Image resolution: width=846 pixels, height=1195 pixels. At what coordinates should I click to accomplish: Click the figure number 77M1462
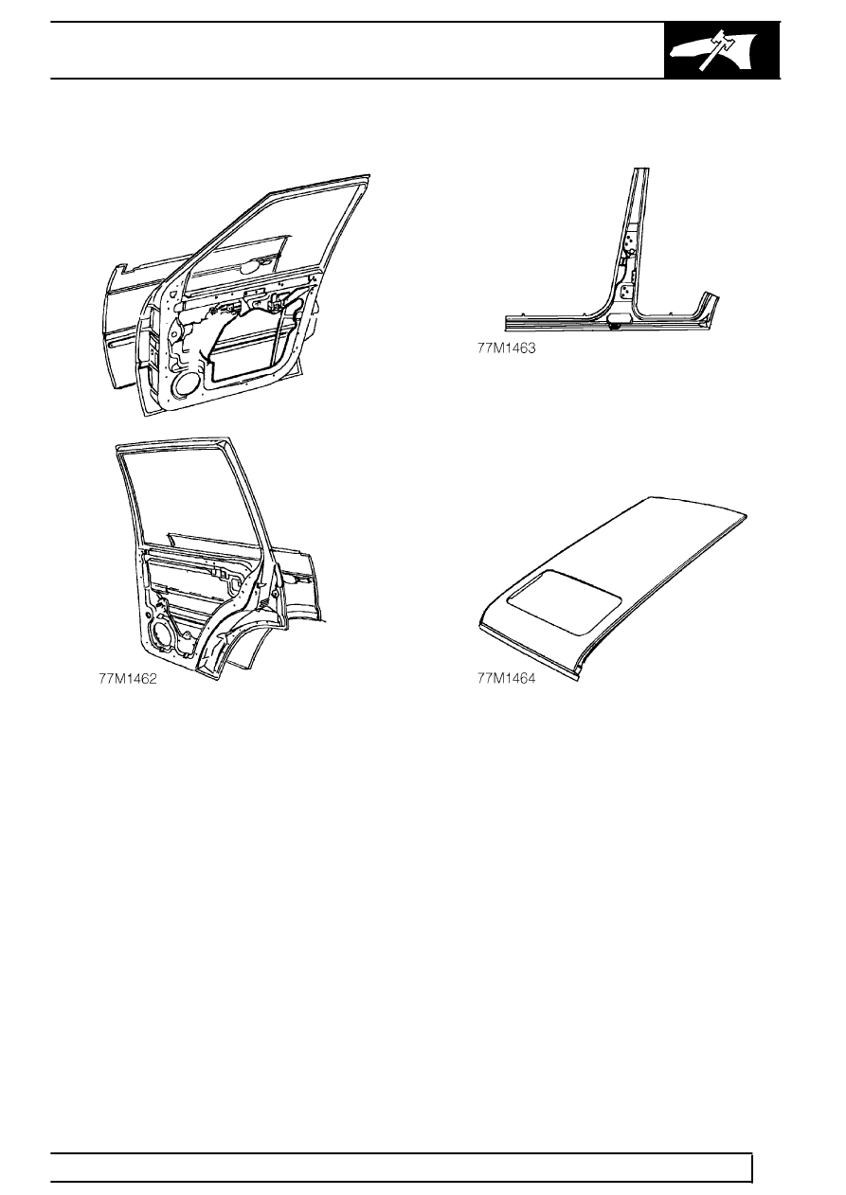[128, 679]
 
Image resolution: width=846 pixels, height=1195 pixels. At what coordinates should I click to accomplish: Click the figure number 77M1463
[506, 348]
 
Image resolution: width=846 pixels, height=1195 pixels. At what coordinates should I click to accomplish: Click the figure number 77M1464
[506, 679]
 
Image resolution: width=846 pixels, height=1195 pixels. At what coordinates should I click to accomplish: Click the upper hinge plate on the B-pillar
[631, 241]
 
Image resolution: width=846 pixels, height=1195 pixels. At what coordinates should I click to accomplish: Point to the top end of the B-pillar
[641, 170]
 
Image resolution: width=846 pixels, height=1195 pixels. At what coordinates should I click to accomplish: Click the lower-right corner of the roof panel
[578, 679]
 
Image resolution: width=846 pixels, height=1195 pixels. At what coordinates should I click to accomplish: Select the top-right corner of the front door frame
[368, 176]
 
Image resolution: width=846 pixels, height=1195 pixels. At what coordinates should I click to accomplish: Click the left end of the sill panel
[508, 324]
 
